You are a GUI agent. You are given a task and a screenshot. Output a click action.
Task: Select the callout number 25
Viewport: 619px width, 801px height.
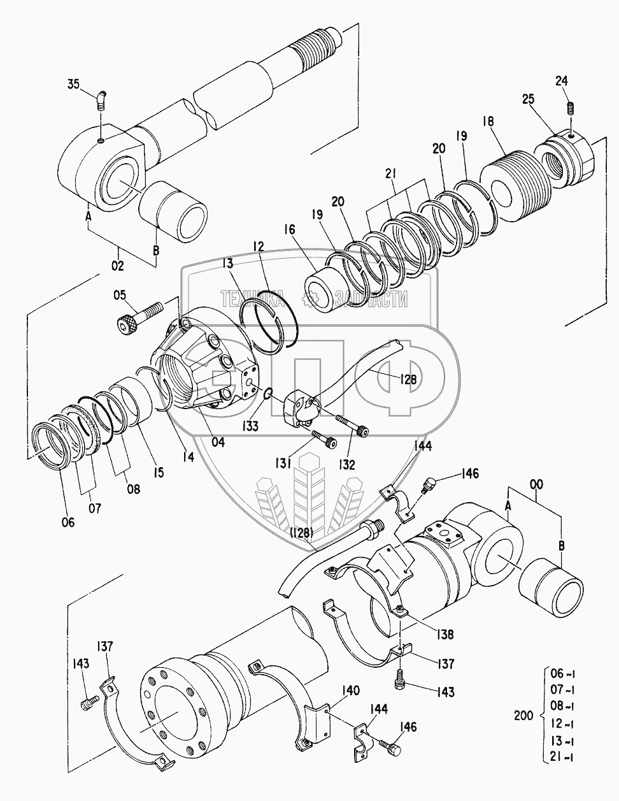[528, 99]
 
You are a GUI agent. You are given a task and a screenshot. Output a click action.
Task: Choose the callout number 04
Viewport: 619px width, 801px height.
[218, 442]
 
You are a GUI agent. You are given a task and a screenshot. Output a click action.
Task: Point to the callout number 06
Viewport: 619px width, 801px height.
[68, 522]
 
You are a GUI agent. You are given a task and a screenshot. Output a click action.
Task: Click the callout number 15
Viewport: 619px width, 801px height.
[158, 472]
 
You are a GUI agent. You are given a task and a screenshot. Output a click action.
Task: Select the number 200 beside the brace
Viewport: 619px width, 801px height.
[524, 716]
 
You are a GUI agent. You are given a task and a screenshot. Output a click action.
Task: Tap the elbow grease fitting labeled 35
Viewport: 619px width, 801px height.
[101, 99]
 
